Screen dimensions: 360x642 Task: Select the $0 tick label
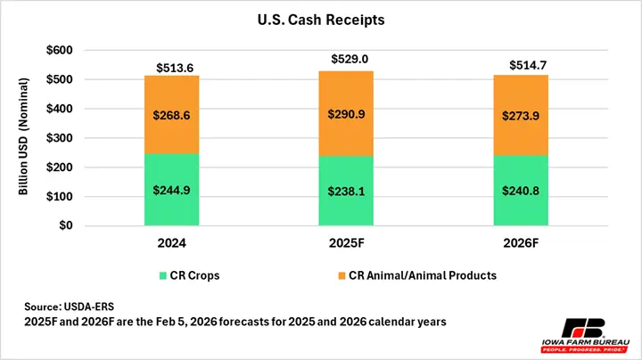66,225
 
